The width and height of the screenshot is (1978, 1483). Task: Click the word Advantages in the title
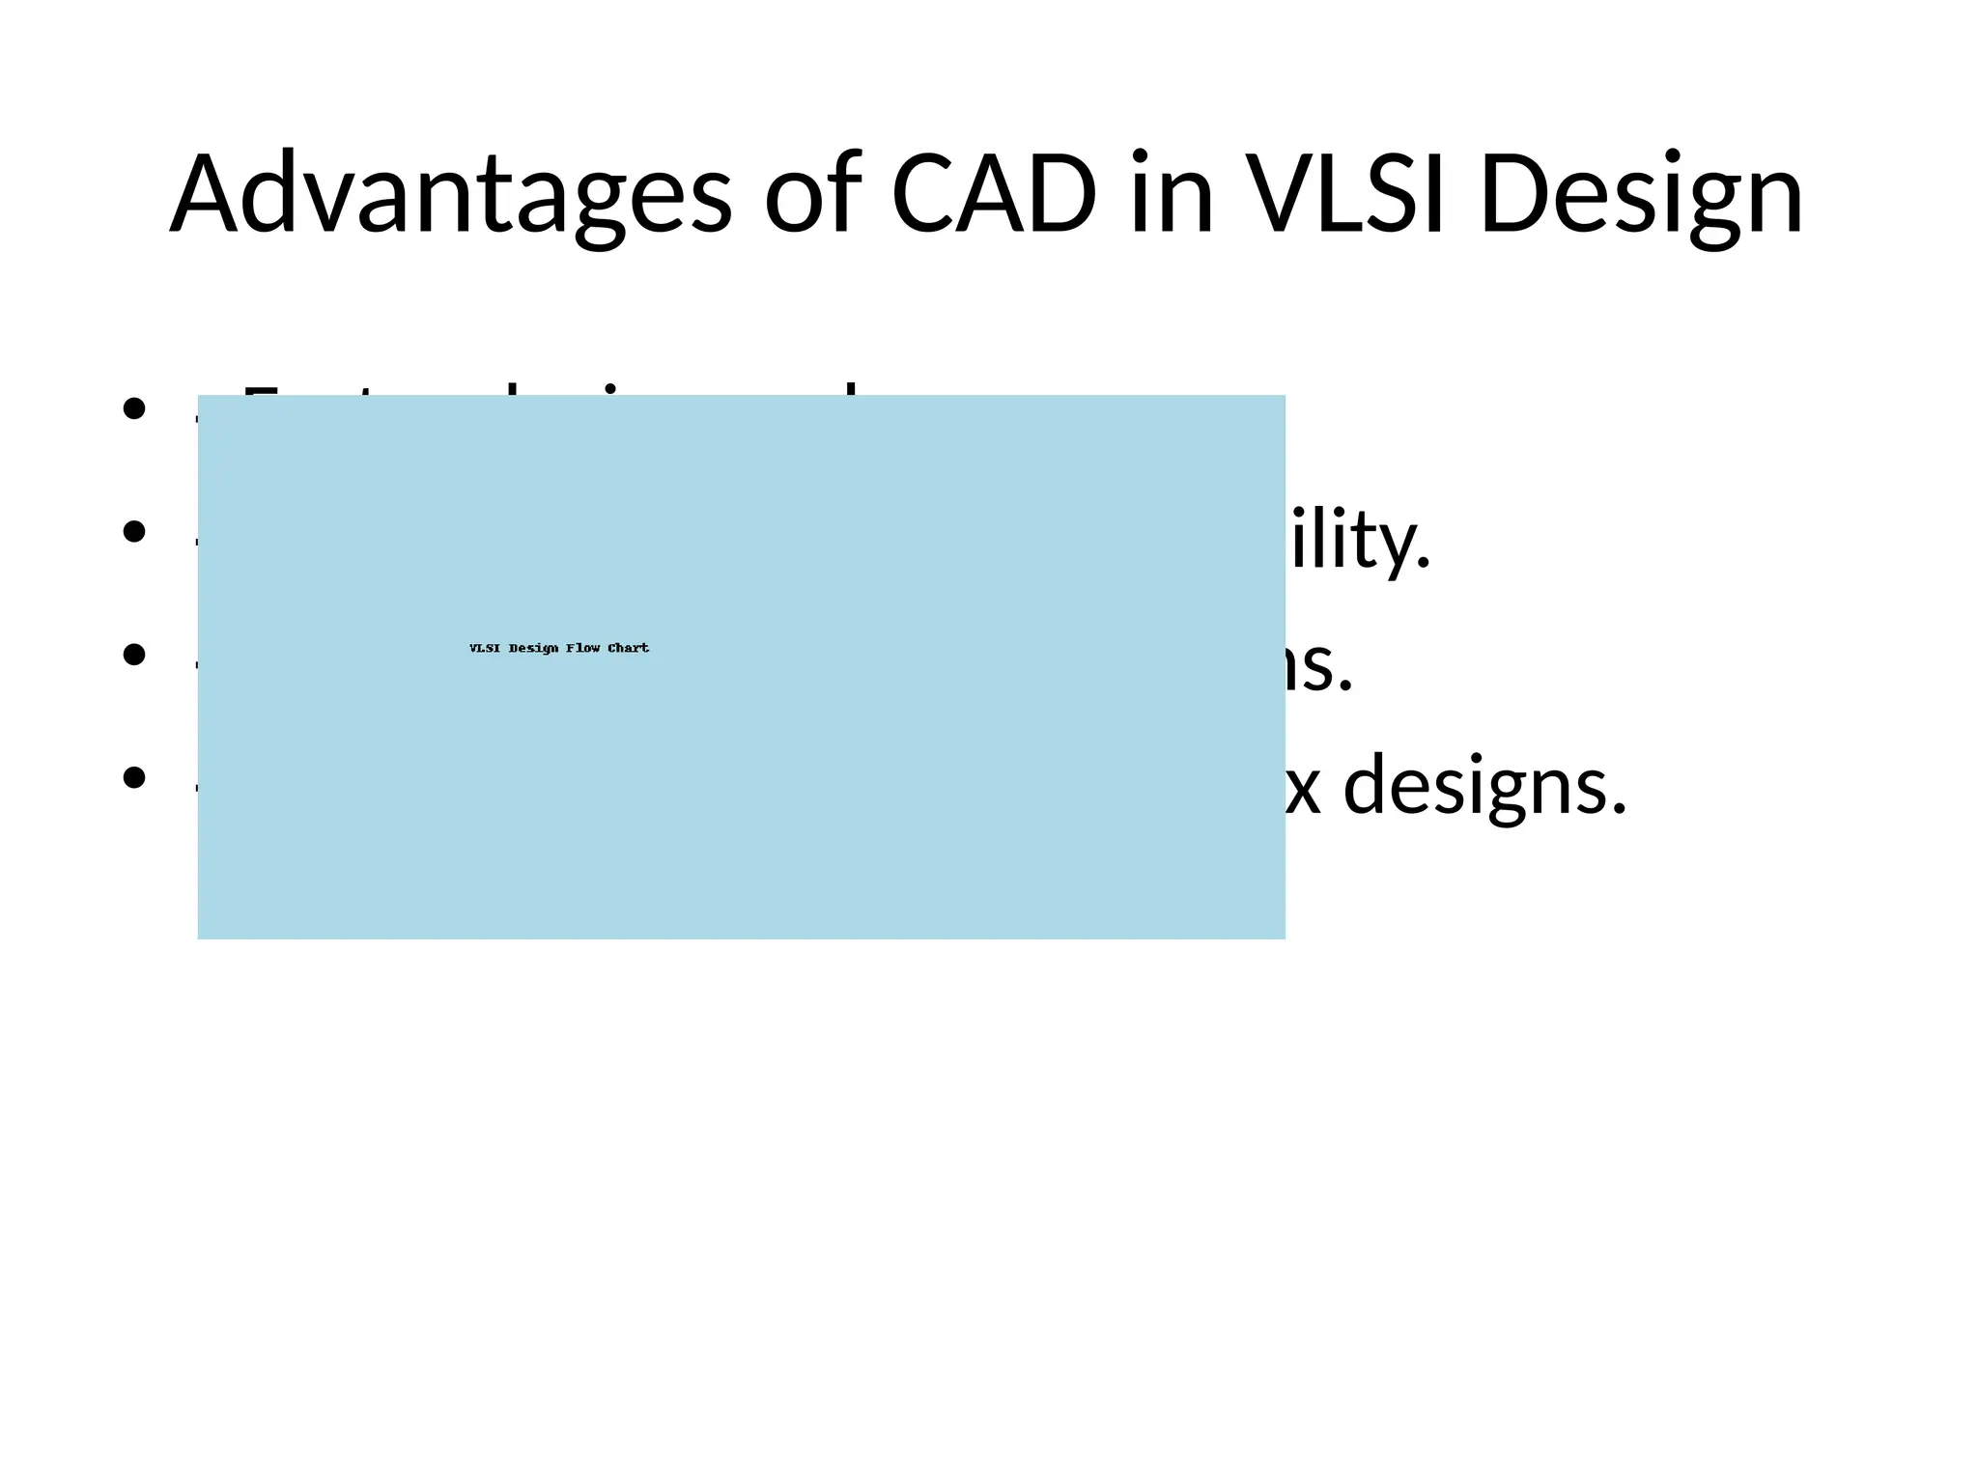coord(450,196)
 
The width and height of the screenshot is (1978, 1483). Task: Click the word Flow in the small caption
coord(583,648)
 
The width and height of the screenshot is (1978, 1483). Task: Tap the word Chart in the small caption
coord(628,648)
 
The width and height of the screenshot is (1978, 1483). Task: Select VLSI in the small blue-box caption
coord(485,648)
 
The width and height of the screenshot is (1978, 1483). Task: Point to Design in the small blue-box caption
coord(533,648)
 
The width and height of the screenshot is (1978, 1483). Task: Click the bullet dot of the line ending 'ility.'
coord(134,531)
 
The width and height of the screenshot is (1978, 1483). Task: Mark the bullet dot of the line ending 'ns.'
coord(134,655)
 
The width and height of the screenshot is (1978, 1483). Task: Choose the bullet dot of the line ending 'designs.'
coord(134,777)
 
